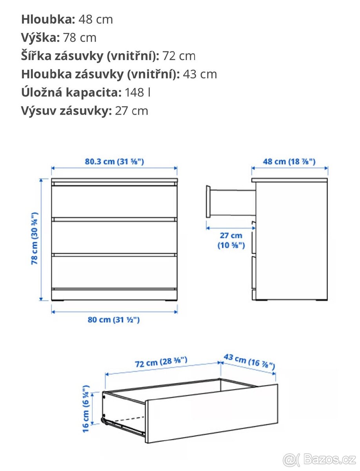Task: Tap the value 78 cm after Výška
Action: [x=79, y=38]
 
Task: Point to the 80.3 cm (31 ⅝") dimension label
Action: [x=114, y=161]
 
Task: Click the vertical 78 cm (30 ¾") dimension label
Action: [x=35, y=238]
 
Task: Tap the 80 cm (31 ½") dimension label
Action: [x=114, y=319]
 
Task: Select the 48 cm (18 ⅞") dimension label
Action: [x=289, y=161]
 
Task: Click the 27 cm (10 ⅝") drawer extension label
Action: [x=231, y=240]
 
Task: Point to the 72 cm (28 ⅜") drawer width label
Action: [x=161, y=362]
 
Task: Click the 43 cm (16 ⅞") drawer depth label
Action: [x=249, y=361]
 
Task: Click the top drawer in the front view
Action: [x=114, y=201]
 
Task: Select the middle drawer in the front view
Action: [x=114, y=236]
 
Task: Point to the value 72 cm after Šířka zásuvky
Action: [x=179, y=56]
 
